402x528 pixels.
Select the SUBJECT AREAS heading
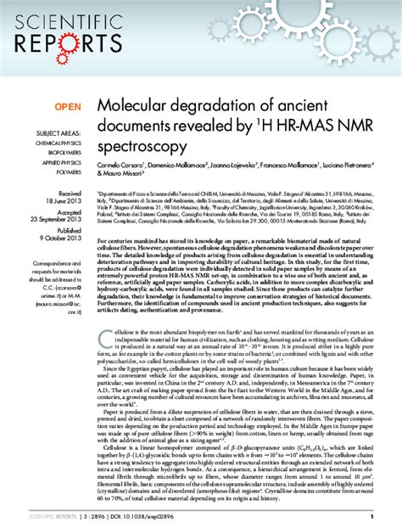58,134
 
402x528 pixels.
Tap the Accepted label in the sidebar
70,212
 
